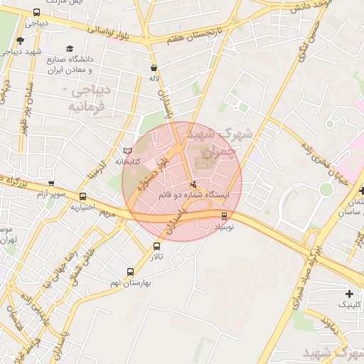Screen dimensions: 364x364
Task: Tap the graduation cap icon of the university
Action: point(70,48)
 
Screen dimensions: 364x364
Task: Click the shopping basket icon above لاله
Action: point(153,68)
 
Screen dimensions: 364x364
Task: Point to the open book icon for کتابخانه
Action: point(127,151)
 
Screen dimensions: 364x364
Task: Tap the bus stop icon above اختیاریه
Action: point(82,197)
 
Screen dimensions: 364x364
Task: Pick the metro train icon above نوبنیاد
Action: point(225,215)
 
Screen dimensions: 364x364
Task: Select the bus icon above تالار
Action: point(156,247)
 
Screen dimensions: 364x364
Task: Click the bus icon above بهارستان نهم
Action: point(130,272)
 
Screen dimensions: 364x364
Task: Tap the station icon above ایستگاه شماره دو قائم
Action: point(194,185)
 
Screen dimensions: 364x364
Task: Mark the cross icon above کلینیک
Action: point(349,294)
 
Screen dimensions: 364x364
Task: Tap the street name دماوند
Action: point(328,327)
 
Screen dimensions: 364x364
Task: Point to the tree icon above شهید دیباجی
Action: point(19,41)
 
